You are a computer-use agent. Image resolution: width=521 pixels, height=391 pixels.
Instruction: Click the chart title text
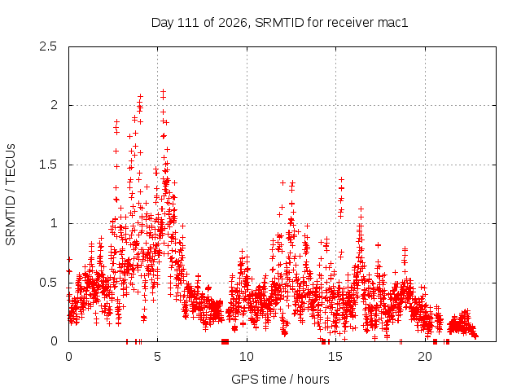pos(279,23)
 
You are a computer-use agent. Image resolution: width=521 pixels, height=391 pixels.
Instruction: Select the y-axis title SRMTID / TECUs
pos(11,195)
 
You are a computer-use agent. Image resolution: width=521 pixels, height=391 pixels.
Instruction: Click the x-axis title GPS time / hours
pos(280,379)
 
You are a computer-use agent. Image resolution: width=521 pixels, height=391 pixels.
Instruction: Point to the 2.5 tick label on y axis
pos(48,46)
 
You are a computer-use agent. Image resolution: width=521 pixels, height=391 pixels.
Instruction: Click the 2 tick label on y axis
pos(54,105)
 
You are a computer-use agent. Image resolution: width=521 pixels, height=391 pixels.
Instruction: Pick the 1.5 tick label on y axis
pos(48,165)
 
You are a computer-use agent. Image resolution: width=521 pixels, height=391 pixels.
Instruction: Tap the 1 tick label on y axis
pos(55,223)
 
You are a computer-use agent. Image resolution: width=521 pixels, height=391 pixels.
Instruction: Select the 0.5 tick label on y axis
pos(48,283)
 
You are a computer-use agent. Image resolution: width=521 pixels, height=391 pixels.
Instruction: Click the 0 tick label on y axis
pos(54,341)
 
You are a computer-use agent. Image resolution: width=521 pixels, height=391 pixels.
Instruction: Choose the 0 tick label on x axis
pos(68,357)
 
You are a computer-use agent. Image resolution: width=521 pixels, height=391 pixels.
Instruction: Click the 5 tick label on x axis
pos(157,357)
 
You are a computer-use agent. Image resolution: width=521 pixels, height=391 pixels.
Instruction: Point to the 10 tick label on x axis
pos(247,357)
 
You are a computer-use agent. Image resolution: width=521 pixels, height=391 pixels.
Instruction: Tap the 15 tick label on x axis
pos(335,357)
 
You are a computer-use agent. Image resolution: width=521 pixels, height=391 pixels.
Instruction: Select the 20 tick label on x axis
pos(425,357)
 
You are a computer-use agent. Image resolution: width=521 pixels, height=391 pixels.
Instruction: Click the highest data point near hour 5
pos(163,91)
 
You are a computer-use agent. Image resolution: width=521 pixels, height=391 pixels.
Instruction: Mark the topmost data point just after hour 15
pos(341,179)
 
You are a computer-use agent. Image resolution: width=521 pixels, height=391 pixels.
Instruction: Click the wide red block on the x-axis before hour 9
pos(225,341)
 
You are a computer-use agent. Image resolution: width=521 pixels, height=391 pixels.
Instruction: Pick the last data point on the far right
pos(475,336)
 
